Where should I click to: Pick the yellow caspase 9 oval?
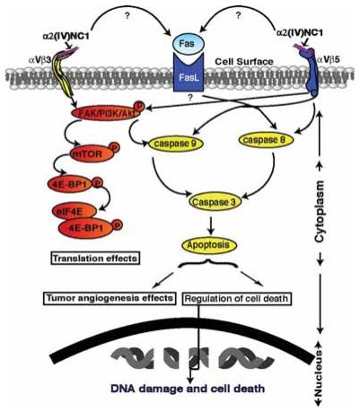(x=154, y=142)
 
